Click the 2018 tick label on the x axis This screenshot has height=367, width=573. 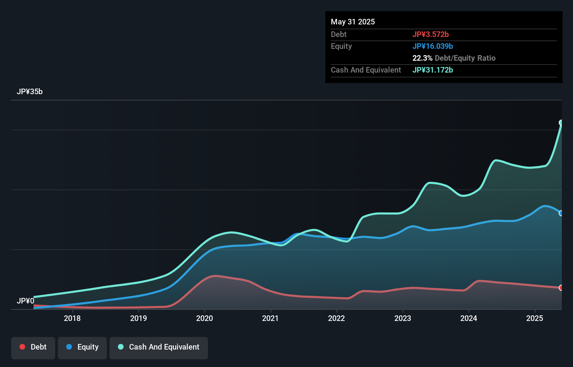[72, 318]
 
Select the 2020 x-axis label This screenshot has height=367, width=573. [204, 318]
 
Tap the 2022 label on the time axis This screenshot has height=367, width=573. [336, 318]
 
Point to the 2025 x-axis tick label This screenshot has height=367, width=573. [535, 318]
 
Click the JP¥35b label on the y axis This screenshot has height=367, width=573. [30, 92]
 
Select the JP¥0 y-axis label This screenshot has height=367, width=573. [25, 301]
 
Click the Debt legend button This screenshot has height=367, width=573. [33, 347]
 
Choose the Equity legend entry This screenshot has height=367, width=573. [82, 347]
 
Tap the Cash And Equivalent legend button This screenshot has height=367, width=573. [159, 347]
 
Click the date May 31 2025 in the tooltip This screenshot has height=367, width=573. [353, 22]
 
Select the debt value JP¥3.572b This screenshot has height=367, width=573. [430, 35]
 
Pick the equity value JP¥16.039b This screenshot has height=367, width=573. [432, 46]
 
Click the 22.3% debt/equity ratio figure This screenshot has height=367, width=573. [422, 58]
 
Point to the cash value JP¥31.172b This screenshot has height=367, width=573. [432, 70]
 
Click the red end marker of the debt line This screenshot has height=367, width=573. [561, 288]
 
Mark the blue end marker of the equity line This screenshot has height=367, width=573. [561, 213]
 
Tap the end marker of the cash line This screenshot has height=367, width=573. [561, 122]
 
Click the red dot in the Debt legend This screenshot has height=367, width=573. [22, 347]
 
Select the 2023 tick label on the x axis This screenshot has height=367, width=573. [403, 318]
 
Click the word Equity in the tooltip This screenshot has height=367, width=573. [341, 46]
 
